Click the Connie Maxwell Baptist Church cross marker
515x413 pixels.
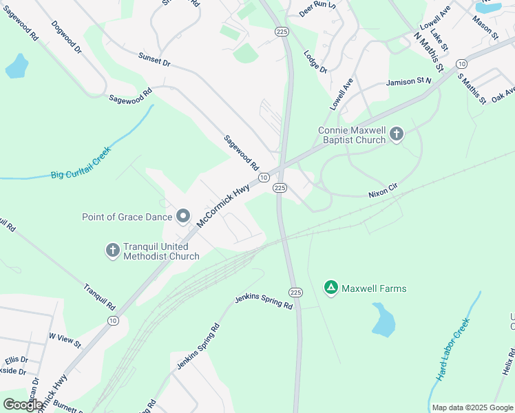pos(397,134)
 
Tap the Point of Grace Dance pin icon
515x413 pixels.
pos(183,217)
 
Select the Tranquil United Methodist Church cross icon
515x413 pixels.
pos(113,251)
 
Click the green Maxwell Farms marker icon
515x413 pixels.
pos(331,288)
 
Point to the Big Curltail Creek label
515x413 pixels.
pos(81,164)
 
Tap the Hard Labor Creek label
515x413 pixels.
pos(452,350)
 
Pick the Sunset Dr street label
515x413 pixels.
pos(154,60)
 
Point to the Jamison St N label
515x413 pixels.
pos(408,82)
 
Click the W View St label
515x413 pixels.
pos(65,339)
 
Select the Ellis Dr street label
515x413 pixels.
pos(17,359)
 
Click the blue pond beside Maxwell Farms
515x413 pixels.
pos(383,320)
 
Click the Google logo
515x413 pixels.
pos(23,405)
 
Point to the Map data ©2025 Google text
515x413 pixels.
pos(472,407)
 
